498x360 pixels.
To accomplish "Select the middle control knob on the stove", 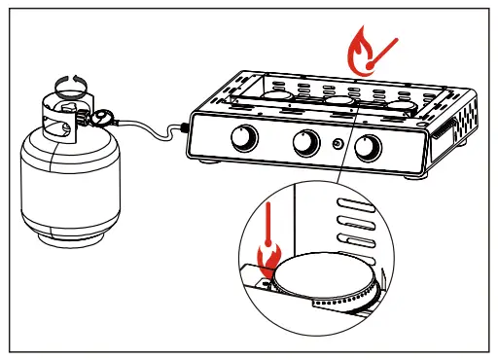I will pyautogui.click(x=304, y=145).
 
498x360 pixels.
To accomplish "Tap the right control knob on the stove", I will pyautogui.click(x=368, y=150).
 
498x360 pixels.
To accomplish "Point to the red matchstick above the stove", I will pyautogui.click(x=386, y=51).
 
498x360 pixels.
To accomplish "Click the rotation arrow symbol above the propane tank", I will pyautogui.click(x=69, y=83).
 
